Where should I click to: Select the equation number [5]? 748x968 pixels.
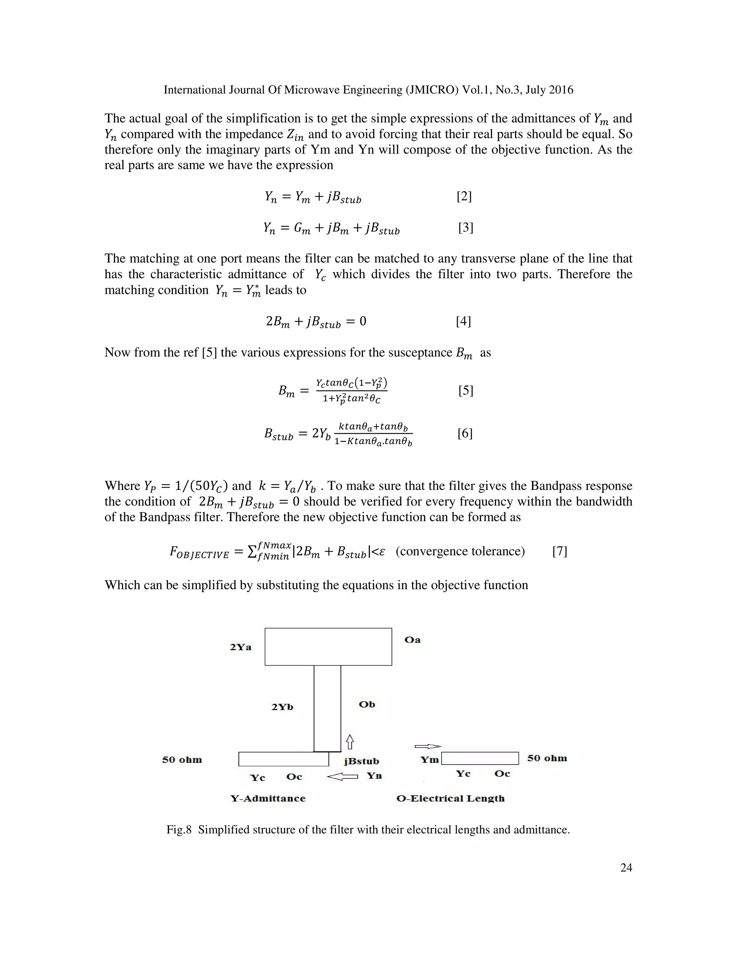point(466,390)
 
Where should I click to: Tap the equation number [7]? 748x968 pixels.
point(560,551)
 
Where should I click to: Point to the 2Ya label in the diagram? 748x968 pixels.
point(241,647)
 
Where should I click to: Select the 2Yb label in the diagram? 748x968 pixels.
point(282,707)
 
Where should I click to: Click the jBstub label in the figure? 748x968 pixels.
point(362,762)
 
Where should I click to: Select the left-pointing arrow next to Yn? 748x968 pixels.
point(342,777)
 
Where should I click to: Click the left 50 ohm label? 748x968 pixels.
point(182,760)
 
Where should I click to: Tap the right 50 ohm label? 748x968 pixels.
point(547,758)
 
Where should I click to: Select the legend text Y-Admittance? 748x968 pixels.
point(268,799)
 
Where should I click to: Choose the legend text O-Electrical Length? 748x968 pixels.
point(450,799)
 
